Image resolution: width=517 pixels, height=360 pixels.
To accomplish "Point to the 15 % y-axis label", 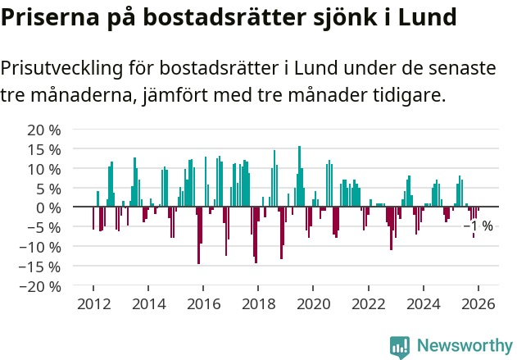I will click(x=43, y=149).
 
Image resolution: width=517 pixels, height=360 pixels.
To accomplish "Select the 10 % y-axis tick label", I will click(x=43, y=169).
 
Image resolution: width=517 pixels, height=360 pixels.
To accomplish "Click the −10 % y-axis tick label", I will click(x=40, y=247).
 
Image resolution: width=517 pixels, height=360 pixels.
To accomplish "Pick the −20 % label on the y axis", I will click(x=40, y=286).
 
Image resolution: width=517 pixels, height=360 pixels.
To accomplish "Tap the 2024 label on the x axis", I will click(x=424, y=304).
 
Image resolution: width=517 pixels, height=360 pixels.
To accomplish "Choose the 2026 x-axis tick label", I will click(x=478, y=304).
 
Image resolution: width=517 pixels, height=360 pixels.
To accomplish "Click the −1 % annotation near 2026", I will click(x=478, y=226).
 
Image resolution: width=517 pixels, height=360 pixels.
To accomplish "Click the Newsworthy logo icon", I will click(x=400, y=346).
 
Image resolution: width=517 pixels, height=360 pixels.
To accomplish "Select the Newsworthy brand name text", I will click(x=464, y=346).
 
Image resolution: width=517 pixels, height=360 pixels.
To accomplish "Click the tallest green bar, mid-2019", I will click(x=299, y=176).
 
